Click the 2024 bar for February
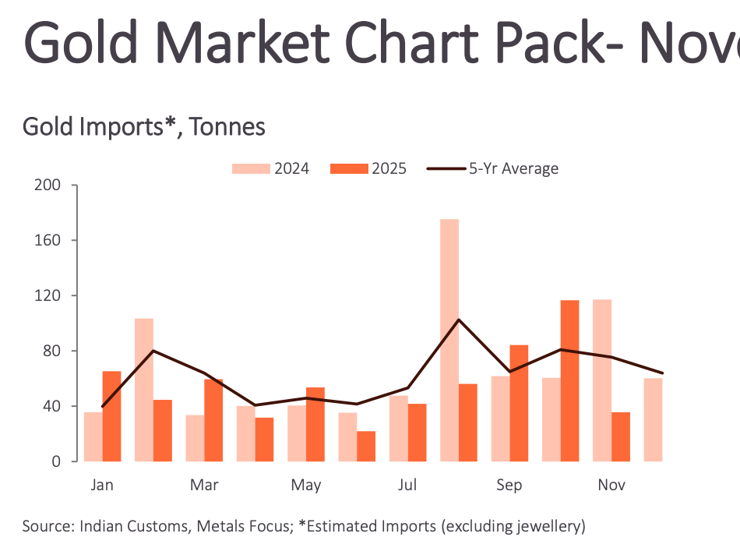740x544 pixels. (x=144, y=390)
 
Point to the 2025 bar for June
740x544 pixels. (x=366, y=446)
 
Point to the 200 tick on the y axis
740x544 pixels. (x=49, y=185)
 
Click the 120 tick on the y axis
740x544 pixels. (x=49, y=295)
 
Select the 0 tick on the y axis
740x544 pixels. (x=57, y=461)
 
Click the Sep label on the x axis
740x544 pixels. (x=509, y=486)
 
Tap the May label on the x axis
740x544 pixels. (x=306, y=486)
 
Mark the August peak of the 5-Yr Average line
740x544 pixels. (x=459, y=320)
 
